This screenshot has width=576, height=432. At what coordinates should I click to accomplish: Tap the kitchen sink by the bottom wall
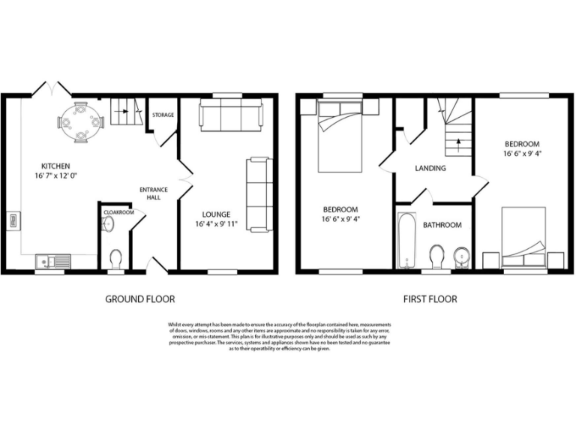click(x=52, y=262)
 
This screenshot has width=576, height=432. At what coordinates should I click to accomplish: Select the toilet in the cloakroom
click(x=115, y=259)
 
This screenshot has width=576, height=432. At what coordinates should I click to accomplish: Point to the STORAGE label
click(x=163, y=115)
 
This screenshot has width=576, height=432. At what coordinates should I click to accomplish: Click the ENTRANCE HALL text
click(x=154, y=194)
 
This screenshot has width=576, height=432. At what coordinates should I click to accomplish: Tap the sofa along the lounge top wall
click(x=230, y=116)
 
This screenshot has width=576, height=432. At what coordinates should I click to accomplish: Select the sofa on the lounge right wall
click(x=259, y=194)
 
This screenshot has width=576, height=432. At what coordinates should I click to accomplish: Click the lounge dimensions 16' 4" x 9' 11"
click(x=216, y=223)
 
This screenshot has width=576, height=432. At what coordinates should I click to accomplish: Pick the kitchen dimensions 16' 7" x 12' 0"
click(x=55, y=176)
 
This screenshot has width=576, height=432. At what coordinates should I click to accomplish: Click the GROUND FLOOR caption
click(x=139, y=298)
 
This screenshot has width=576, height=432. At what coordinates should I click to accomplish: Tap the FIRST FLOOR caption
click(x=430, y=298)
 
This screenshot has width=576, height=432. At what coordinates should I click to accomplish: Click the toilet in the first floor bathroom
click(x=437, y=256)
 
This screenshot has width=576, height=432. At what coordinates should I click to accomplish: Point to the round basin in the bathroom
click(x=462, y=253)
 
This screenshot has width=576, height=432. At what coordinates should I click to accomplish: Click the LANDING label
click(x=430, y=168)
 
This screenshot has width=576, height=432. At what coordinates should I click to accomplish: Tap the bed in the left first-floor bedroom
click(x=343, y=135)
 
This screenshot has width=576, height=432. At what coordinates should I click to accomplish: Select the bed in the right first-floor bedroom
click(x=523, y=238)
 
